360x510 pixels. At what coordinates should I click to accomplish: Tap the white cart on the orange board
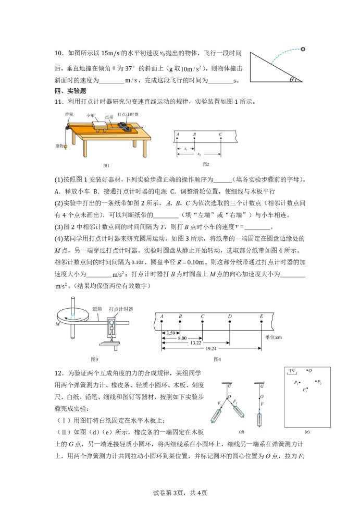coord(100,125)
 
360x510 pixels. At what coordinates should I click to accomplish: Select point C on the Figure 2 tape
coord(220,139)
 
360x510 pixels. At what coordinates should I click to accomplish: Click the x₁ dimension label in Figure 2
coord(186,149)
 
